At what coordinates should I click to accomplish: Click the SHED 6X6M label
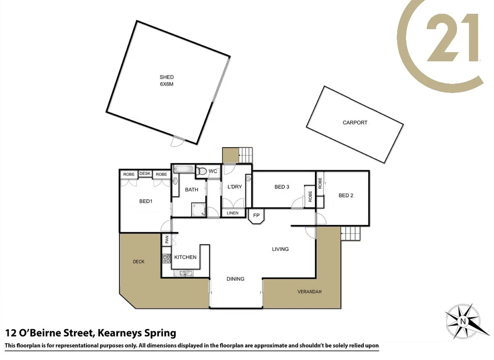166,81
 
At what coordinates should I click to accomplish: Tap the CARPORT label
355,123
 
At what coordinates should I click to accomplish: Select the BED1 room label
146,201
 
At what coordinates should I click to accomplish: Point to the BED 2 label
346,195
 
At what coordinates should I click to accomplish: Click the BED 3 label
282,187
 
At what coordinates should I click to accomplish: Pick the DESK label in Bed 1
145,174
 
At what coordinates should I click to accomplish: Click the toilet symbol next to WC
202,171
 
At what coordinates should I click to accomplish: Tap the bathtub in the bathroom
184,169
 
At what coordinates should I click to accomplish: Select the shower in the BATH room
199,210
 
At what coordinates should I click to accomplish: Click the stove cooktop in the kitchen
166,259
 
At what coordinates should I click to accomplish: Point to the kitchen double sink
183,273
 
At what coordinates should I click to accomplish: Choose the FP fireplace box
256,216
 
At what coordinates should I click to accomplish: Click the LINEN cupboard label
232,213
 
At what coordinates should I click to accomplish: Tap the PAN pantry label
166,240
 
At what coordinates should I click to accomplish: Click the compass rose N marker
462,321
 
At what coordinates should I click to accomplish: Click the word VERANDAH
309,292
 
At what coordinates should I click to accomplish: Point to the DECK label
139,262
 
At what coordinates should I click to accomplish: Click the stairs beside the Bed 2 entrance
350,233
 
